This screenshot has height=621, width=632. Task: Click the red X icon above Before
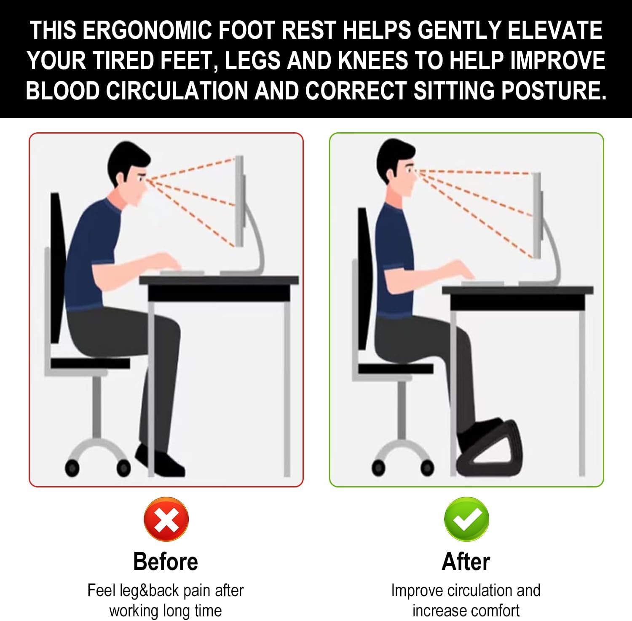[x=166, y=519]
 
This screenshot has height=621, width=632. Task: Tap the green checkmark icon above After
[x=466, y=519]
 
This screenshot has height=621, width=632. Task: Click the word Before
[x=166, y=562]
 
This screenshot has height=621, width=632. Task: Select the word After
[x=466, y=562]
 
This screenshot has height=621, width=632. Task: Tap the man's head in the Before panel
[x=129, y=173]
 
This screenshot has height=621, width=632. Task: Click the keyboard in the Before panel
[x=182, y=273]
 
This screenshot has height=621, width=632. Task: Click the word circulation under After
[x=479, y=591]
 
